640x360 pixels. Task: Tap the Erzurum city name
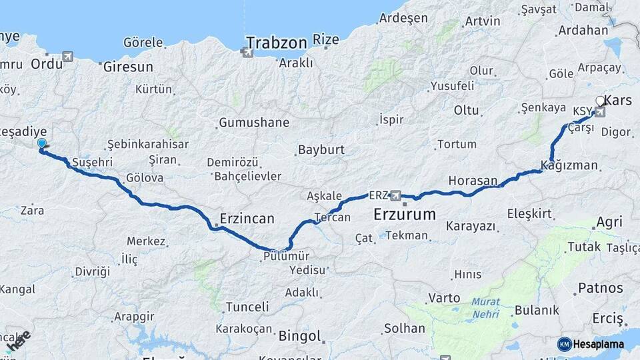coord(404,215)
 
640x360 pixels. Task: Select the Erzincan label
coord(247,218)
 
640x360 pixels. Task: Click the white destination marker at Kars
coord(599,101)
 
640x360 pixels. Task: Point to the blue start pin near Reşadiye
coord(42,143)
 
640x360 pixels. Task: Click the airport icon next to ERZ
coord(396,195)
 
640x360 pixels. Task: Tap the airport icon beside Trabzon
coord(248,52)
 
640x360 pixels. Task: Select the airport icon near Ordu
coord(67,57)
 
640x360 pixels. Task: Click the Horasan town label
coord(473,181)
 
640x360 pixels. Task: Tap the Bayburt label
coord(321,149)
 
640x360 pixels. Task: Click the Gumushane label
coord(253,123)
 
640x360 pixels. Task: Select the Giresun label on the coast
coord(128,67)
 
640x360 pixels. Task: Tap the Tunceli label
coord(247,307)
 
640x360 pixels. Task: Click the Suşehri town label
coord(92,162)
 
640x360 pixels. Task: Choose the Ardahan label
coord(583,30)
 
